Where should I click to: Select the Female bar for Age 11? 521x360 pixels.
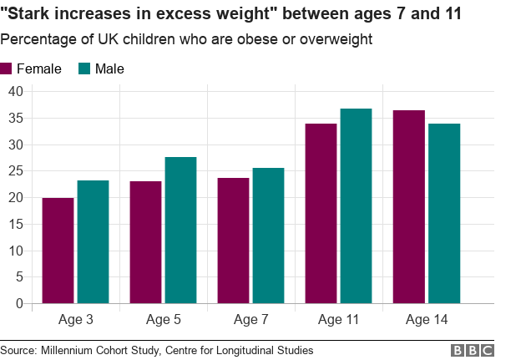[321, 214]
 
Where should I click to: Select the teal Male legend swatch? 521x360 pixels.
[84, 69]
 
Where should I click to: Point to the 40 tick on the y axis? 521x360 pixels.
[14, 91]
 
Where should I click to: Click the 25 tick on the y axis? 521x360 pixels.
[14, 171]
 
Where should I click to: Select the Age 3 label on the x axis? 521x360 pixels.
[75, 320]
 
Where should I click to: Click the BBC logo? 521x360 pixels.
[473, 351]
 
